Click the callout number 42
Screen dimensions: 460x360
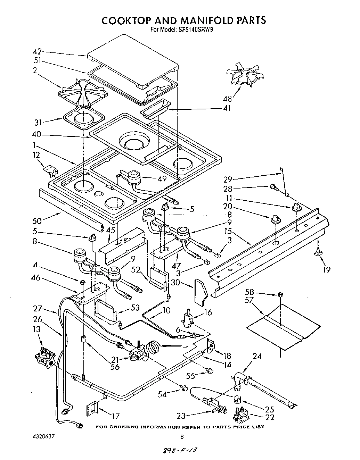(x=37, y=51)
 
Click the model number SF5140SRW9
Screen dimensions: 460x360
(x=195, y=30)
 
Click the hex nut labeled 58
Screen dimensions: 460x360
(x=280, y=294)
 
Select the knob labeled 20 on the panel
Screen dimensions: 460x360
(x=275, y=219)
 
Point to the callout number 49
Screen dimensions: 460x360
(x=161, y=179)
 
